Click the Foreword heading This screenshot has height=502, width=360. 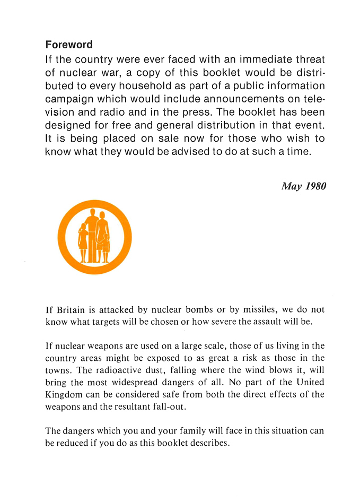tap(69, 45)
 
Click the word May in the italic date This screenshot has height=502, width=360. tap(291, 186)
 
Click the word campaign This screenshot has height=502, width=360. tap(70, 99)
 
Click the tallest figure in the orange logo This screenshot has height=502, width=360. tap(92, 233)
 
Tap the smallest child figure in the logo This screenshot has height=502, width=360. tap(106, 247)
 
